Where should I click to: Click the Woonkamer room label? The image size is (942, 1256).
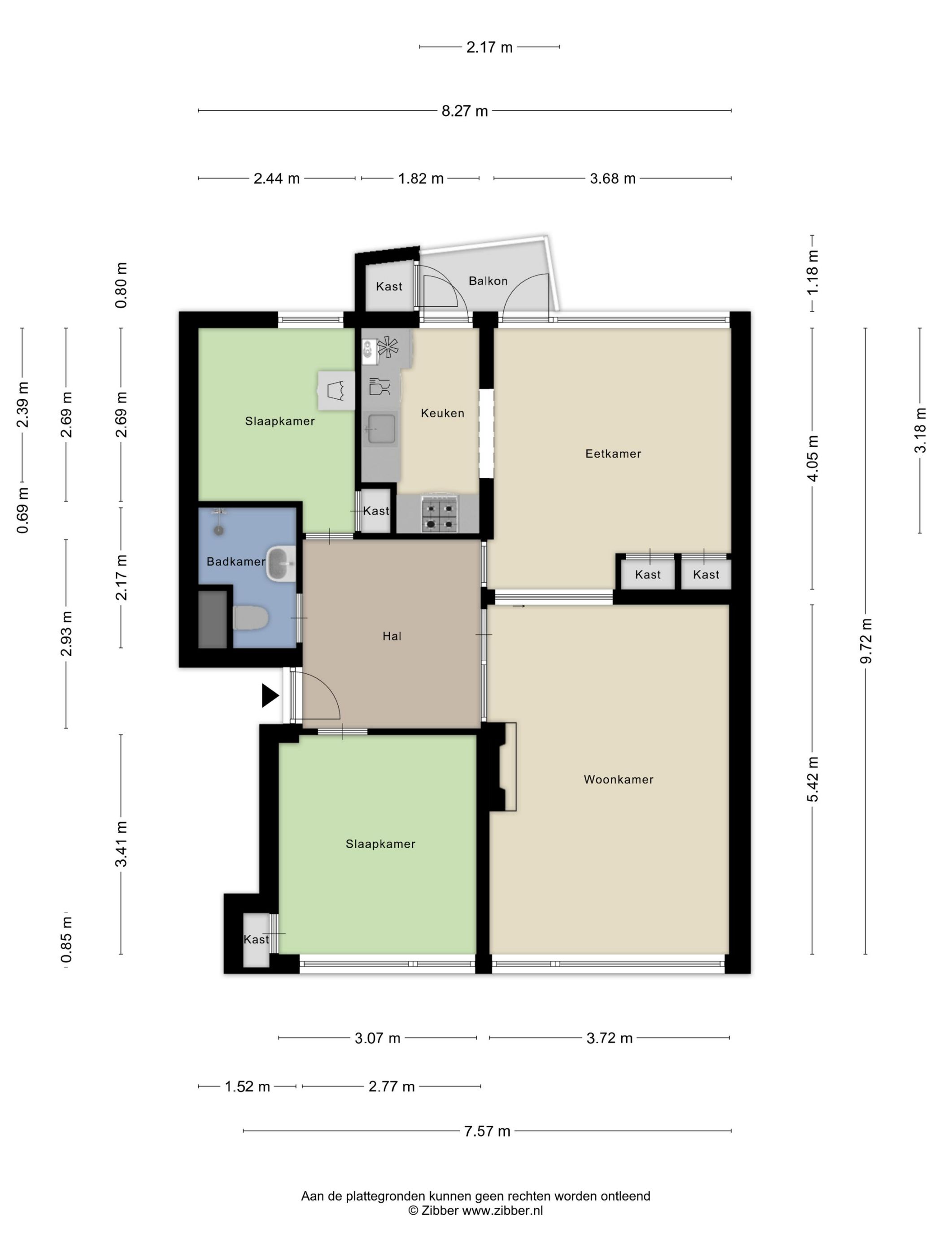(618, 780)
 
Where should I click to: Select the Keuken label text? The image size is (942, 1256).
(442, 414)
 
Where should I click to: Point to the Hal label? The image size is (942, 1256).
(392, 637)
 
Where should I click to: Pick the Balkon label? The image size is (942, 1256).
(488, 281)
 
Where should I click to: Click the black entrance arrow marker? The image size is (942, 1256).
(270, 696)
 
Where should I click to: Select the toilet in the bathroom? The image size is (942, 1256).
(250, 618)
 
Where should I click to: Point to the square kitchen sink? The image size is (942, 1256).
(381, 429)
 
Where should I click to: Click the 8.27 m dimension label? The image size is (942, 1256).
(464, 111)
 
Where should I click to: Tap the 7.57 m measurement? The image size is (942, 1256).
(487, 1131)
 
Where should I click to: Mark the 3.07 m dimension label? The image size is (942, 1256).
(378, 1038)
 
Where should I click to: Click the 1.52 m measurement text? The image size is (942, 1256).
(248, 1087)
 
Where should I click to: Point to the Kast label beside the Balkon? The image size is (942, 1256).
(389, 287)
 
